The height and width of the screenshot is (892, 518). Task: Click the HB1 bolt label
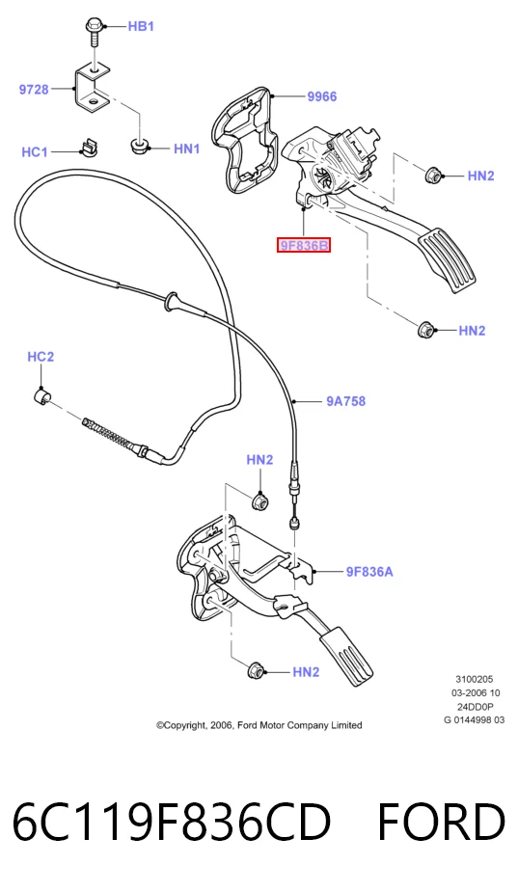coord(141,26)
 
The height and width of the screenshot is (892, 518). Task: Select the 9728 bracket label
coord(34,90)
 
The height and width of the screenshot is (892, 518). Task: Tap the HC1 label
coord(34,152)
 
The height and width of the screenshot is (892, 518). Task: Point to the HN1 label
coord(187,149)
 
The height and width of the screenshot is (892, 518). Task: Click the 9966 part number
coord(322,96)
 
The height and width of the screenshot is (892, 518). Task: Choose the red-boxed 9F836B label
coord(304,246)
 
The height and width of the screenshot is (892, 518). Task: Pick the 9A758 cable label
coord(346,401)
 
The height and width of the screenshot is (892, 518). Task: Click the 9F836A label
coord(369,572)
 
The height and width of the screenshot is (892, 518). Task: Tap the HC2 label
coord(41,357)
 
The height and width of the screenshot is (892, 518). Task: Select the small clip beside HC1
coord(86,147)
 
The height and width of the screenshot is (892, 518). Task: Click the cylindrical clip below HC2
coord(42,397)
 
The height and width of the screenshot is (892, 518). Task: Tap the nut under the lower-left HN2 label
coord(255,671)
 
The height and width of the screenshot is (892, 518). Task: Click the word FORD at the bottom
coord(441,822)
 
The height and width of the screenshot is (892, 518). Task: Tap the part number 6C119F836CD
coord(172,822)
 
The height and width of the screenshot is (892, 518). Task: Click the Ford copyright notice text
coord(259,725)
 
